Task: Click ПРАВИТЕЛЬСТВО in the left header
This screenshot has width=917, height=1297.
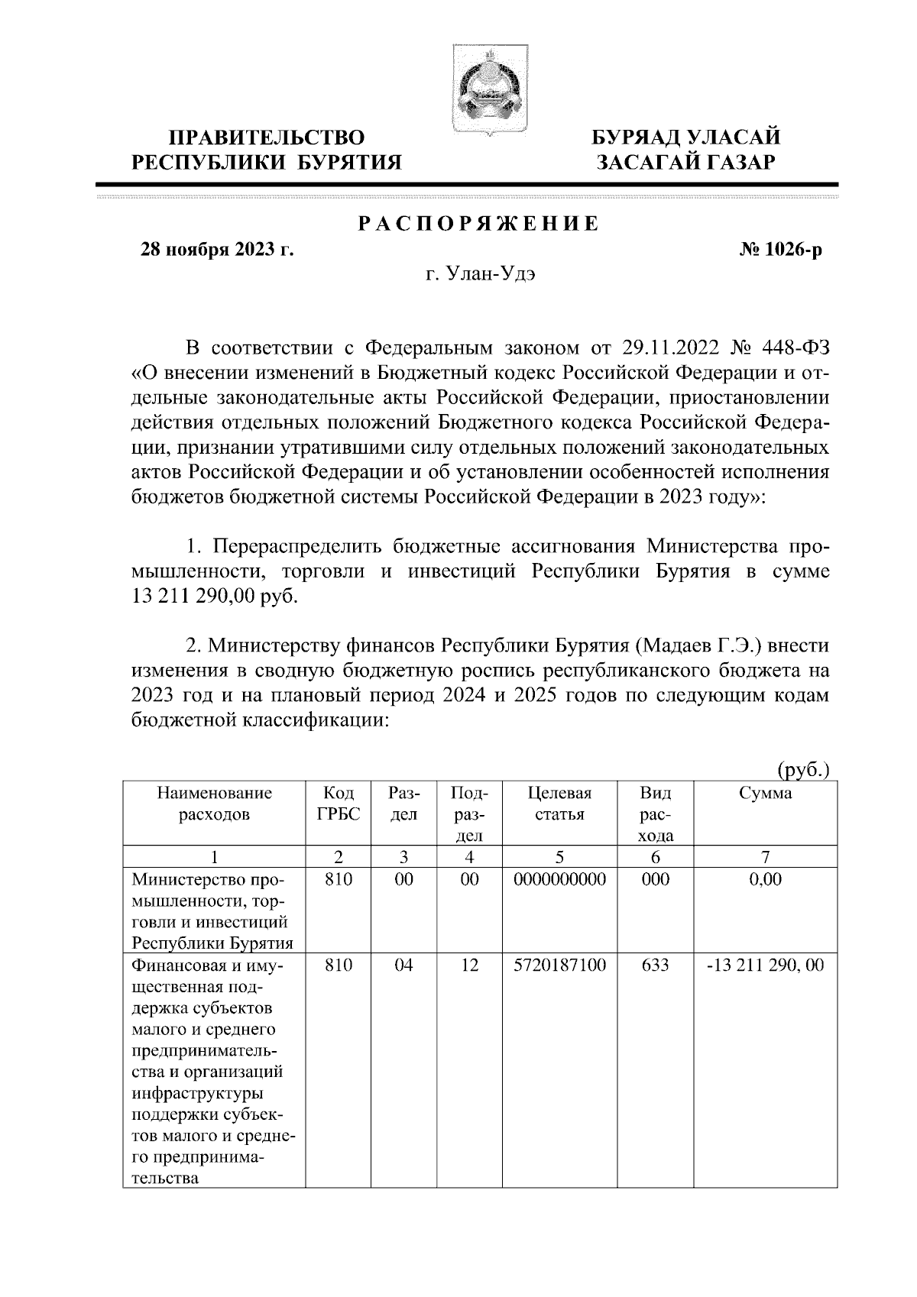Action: click(x=267, y=138)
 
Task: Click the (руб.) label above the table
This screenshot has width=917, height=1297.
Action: click(x=803, y=770)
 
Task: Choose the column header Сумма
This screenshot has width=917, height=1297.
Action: click(x=766, y=793)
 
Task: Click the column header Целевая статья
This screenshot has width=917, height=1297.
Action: click(x=560, y=804)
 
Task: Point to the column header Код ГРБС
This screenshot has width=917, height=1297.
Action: click(x=338, y=804)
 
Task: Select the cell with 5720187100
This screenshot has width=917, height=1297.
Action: click(x=560, y=965)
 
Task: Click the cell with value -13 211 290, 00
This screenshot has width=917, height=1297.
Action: click(x=766, y=965)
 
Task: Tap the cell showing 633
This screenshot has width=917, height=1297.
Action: click(x=656, y=965)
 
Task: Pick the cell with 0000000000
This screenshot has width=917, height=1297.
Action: click(x=560, y=879)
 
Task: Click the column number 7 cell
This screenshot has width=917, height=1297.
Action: click(x=766, y=856)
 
